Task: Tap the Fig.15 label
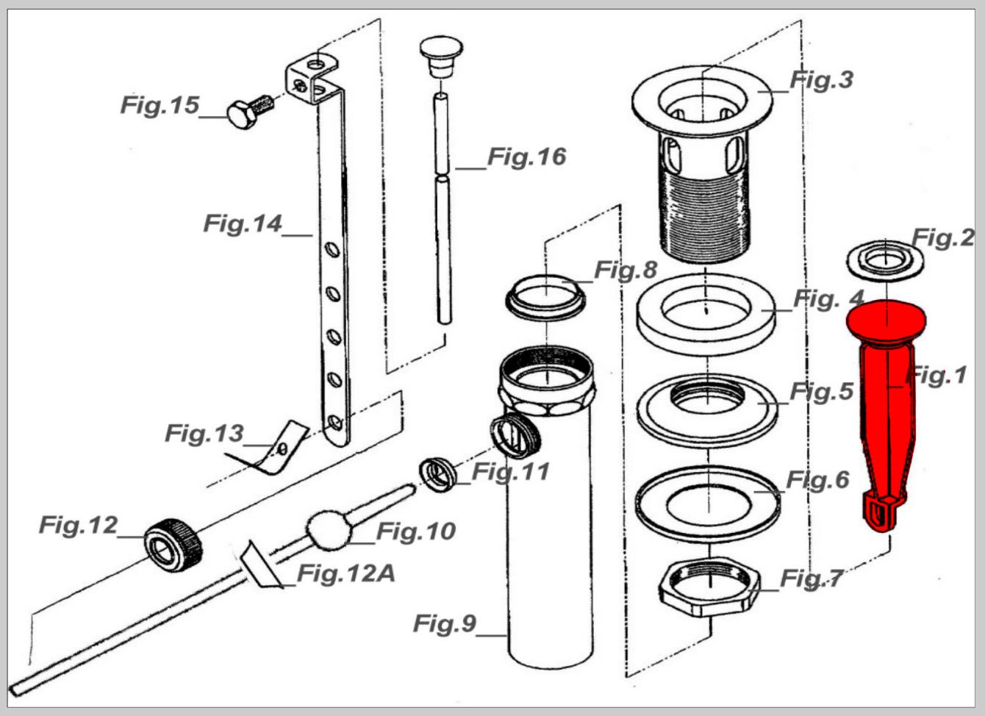click(160, 105)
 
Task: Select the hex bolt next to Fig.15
click(250, 112)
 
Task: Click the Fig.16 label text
click(527, 157)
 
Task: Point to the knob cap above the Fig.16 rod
click(441, 57)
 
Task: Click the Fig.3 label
click(821, 80)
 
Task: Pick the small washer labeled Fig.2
click(885, 261)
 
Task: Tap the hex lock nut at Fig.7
click(709, 587)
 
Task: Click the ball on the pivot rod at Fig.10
click(329, 529)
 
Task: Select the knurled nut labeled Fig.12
click(173, 545)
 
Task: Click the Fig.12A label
click(346, 573)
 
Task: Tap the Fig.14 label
click(243, 223)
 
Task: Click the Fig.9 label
click(445, 623)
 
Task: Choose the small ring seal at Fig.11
click(437, 475)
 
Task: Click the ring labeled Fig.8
click(545, 297)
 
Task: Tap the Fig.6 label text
click(817, 479)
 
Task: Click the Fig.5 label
click(821, 391)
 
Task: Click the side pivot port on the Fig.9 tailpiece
click(515, 436)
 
